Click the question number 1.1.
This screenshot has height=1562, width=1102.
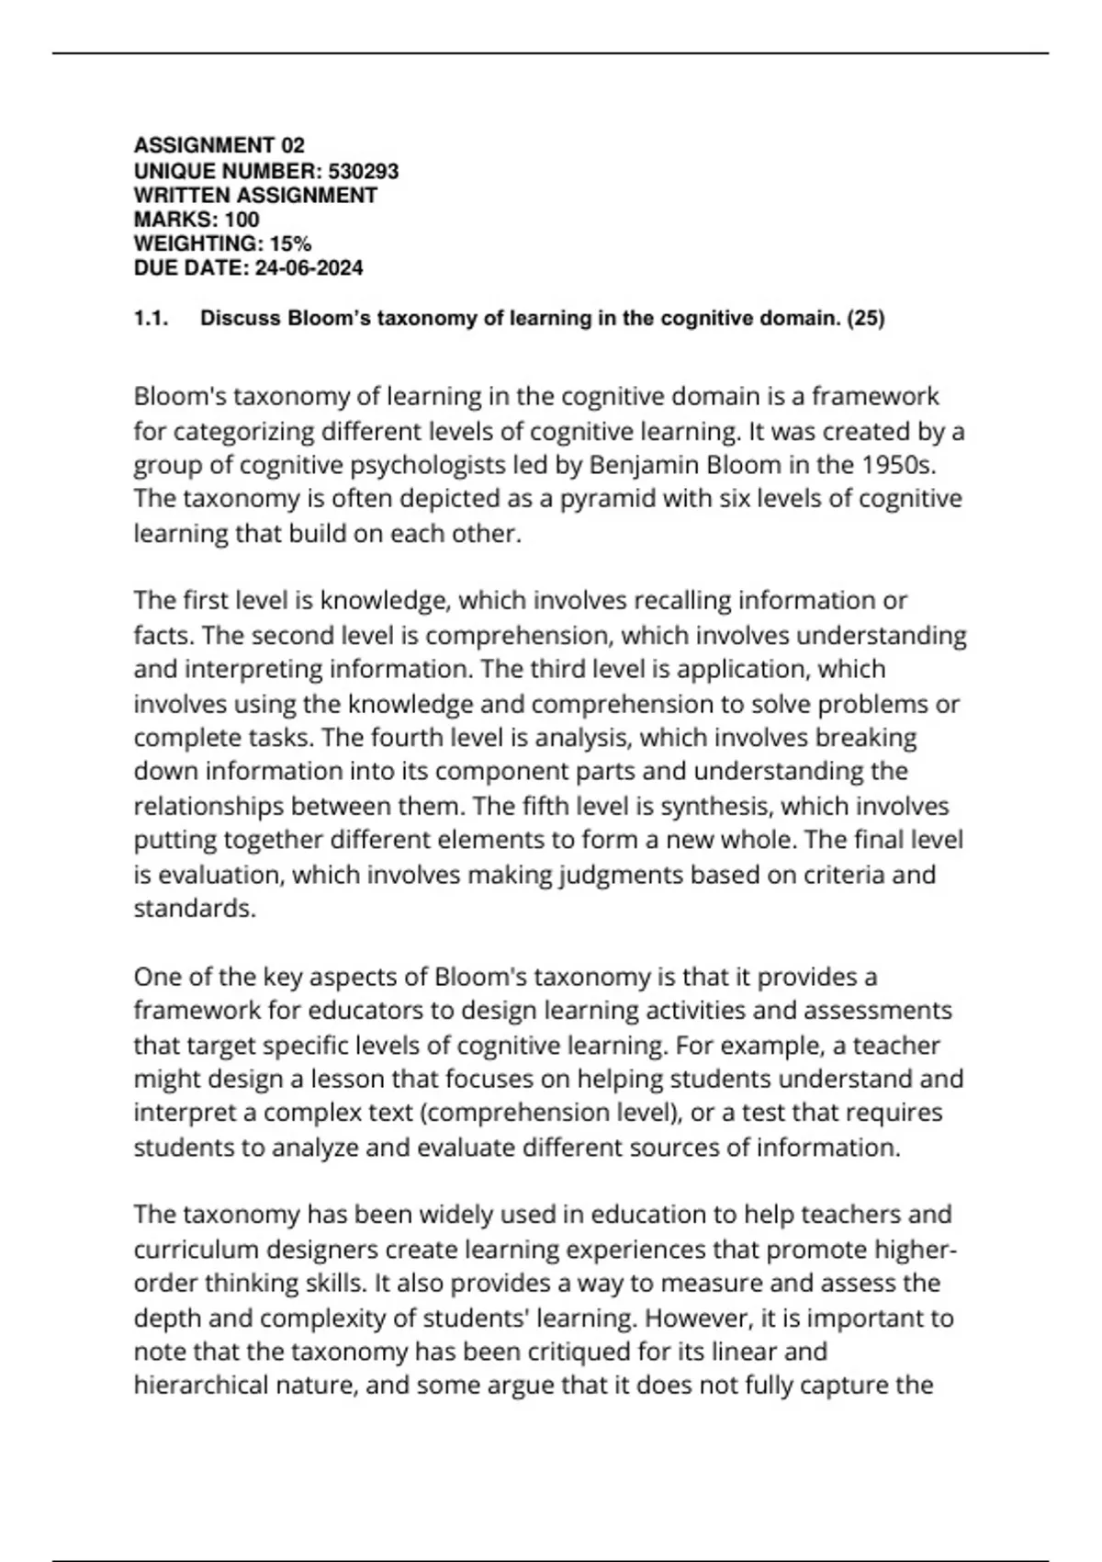pyautogui.click(x=151, y=319)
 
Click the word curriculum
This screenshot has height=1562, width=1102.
pyautogui.click(x=194, y=1250)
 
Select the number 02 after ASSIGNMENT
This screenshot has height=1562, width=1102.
pyautogui.click(x=293, y=145)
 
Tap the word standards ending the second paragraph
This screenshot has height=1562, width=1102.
pyautogui.click(x=192, y=909)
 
